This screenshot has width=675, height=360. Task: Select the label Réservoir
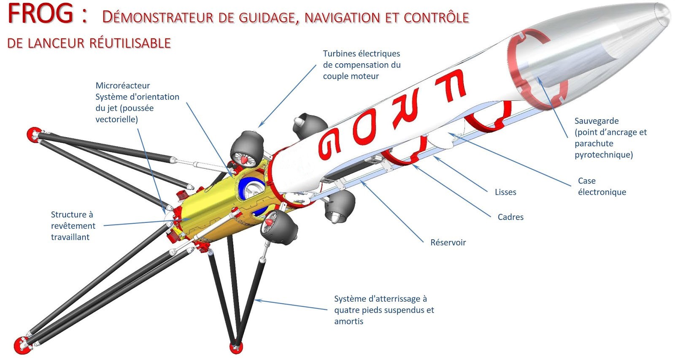click(x=448, y=243)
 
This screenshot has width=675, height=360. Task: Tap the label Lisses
click(x=505, y=192)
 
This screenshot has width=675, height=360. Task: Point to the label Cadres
click(x=510, y=217)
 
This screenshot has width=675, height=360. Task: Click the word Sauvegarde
click(x=597, y=121)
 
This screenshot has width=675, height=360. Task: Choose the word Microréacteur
click(x=122, y=86)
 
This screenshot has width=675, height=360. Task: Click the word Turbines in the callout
click(x=339, y=54)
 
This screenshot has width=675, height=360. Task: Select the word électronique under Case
click(x=602, y=192)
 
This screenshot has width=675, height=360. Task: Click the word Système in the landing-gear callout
click(x=350, y=299)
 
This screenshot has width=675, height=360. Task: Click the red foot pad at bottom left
click(x=22, y=345)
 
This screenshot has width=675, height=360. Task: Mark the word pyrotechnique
click(x=603, y=155)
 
